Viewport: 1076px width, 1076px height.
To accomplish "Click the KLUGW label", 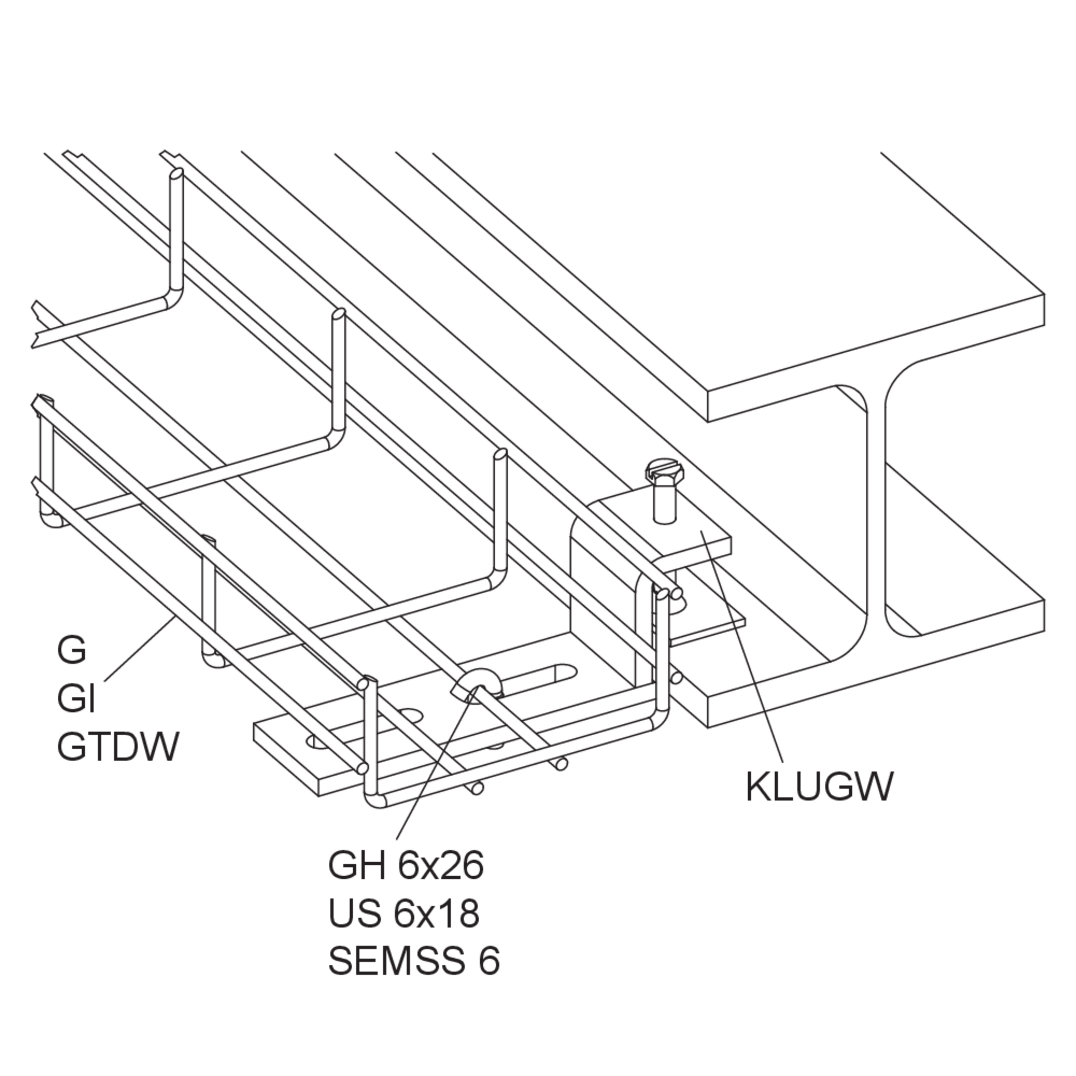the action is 818,787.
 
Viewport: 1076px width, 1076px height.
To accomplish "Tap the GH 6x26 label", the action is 405,867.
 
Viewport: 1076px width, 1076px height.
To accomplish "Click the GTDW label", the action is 118,746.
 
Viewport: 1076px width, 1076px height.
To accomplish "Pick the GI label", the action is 76,699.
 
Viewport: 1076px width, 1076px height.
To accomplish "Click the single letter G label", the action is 72,651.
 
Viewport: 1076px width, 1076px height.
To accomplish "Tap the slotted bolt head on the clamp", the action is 661,471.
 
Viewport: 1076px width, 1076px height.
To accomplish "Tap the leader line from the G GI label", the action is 139,648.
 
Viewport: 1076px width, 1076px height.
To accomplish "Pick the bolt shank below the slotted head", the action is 665,504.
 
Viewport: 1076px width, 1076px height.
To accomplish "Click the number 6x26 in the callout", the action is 440,867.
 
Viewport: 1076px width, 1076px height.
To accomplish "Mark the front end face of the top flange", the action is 876,357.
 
